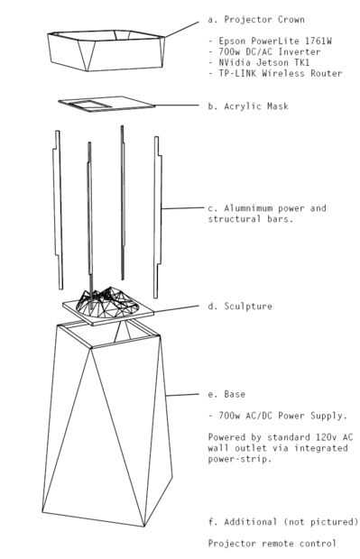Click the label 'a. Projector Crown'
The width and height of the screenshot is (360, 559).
[x=256, y=20]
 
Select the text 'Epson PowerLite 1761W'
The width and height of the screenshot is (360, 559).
[x=275, y=41]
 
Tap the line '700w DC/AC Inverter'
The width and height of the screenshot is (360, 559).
[x=270, y=51]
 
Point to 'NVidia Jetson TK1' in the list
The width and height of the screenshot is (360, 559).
[x=264, y=62]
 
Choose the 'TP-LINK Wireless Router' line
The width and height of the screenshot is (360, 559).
[x=281, y=73]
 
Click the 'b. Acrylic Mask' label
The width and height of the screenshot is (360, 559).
[x=248, y=106]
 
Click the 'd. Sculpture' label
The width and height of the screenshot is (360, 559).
[x=240, y=307]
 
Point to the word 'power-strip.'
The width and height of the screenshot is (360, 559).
[x=240, y=459]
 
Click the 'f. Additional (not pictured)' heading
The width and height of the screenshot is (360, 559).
[x=283, y=522]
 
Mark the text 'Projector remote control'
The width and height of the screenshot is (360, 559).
[x=272, y=544]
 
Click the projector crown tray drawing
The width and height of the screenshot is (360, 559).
[x=106, y=50]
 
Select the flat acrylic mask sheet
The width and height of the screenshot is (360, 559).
[x=107, y=104]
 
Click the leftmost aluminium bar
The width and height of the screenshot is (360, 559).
[x=58, y=210]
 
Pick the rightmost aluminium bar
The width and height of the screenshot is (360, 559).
[x=158, y=217]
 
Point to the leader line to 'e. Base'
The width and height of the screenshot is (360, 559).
[x=182, y=395]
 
